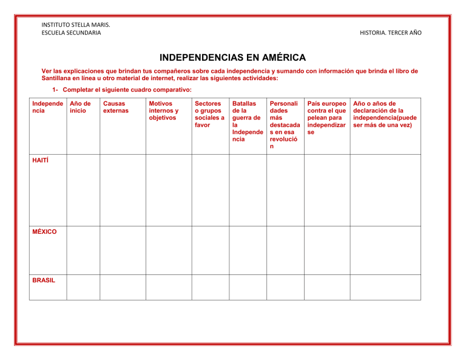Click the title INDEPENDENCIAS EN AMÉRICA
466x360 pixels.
[232, 58]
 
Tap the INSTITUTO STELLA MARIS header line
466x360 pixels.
[72, 25]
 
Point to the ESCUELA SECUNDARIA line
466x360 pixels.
[71, 33]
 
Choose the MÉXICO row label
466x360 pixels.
[44, 232]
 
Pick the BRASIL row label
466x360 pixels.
[44, 280]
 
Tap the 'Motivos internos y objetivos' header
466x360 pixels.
[163, 110]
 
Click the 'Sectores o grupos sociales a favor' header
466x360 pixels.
[209, 114]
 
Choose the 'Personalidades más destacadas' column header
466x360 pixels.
[285, 125]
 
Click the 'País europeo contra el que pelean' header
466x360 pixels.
[326, 118]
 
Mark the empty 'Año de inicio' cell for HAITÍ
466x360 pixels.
[83, 189]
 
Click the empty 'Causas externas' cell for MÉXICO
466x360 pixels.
[123, 250]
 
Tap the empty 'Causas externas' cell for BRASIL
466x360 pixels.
[123, 287]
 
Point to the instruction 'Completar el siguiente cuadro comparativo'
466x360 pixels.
[122, 90]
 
